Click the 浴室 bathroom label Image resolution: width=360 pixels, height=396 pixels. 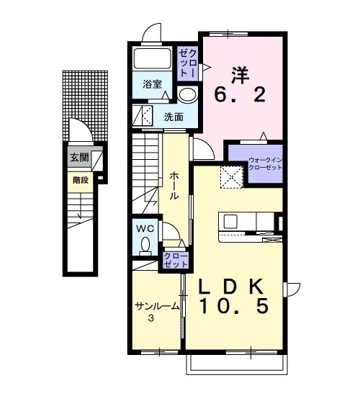(x=153, y=84)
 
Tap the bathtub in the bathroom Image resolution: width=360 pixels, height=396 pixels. (x=152, y=58)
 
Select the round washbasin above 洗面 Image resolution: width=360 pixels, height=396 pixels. (x=187, y=95)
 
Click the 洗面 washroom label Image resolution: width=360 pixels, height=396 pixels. (x=174, y=117)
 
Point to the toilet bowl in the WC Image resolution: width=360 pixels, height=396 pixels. (x=145, y=246)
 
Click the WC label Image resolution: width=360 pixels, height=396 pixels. (x=145, y=229)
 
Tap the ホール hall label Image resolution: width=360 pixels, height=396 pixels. (x=174, y=186)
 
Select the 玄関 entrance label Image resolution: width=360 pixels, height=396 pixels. (x=79, y=158)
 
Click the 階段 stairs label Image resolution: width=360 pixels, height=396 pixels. (x=81, y=181)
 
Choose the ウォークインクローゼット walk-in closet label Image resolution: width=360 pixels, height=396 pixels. (x=266, y=163)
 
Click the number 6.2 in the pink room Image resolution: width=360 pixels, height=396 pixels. (x=240, y=94)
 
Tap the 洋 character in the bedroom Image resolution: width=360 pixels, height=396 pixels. (x=240, y=76)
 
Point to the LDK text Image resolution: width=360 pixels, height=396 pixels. (x=232, y=287)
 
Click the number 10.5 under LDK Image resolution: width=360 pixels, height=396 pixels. (x=233, y=305)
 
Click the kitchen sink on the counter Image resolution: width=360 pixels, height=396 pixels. (x=230, y=222)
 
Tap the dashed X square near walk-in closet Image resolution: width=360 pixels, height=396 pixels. (x=231, y=177)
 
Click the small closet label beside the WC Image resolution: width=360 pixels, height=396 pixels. (x=176, y=261)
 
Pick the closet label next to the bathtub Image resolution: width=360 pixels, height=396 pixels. (x=187, y=63)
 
